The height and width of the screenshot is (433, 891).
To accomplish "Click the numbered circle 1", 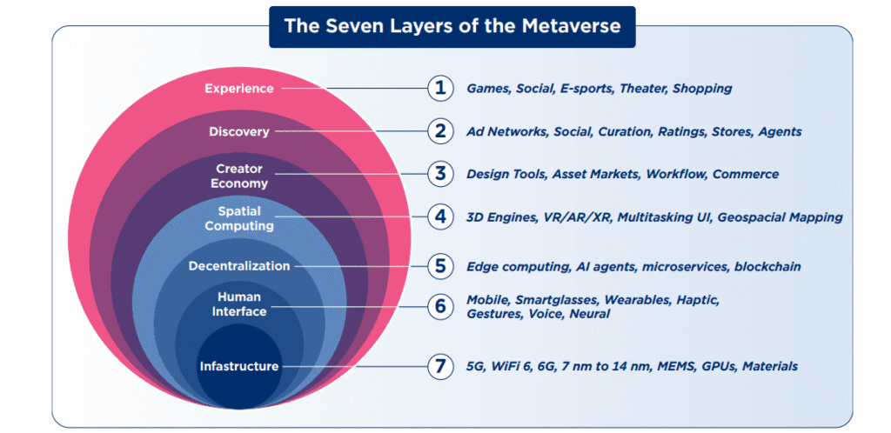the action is coord(440,89).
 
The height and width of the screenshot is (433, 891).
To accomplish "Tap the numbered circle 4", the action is coord(440,216).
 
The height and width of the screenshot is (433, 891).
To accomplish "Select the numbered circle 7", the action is coord(440,366).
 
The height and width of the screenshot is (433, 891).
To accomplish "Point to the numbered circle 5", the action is coord(440,266).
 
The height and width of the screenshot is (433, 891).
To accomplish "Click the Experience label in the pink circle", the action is coord(239,89).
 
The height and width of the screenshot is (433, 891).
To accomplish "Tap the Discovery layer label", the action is coord(239,131).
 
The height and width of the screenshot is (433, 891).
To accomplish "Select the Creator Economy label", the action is coord(239,176).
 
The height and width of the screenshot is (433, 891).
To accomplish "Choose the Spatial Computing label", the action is coord(239,218).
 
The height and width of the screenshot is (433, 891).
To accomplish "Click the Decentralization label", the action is coord(239,266).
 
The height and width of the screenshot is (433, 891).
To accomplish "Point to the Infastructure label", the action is coord(239,367).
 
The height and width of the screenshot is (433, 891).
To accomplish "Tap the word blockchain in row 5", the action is coord(767,266).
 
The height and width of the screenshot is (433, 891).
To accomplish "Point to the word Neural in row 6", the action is coord(590,314).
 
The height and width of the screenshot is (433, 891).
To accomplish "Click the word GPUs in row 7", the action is coord(719,367).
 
